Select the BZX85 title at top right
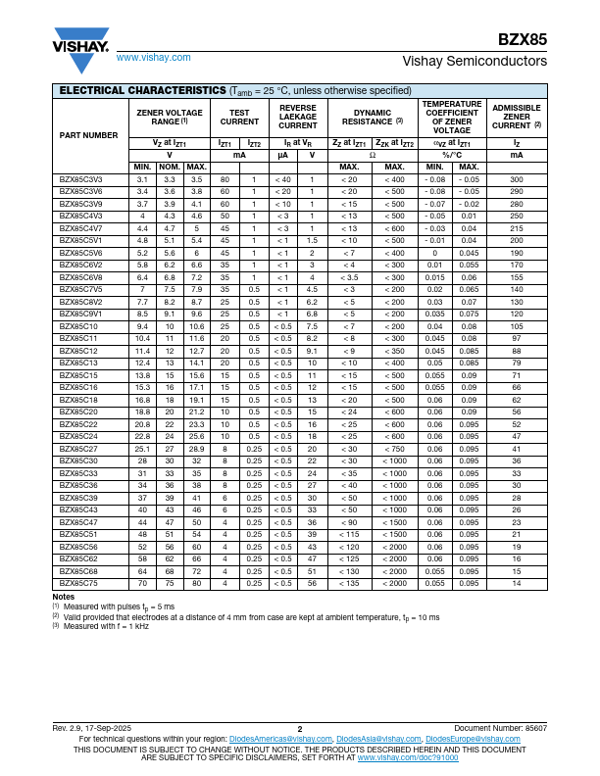pyautogui.click(x=523, y=40)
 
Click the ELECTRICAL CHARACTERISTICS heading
pyautogui.click(x=143, y=90)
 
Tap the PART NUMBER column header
pyautogui.click(x=88, y=134)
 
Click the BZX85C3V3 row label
pyautogui.click(x=80, y=179)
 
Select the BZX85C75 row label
pyautogui.click(x=78, y=583)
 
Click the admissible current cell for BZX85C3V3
pyautogui.click(x=517, y=179)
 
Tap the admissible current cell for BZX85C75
pyautogui.click(x=517, y=583)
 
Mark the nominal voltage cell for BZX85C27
pyautogui.click(x=169, y=449)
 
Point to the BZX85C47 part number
pyautogui.click(x=78, y=522)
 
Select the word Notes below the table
pyautogui.click(x=64, y=597)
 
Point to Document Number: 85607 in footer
pyautogui.click(x=500, y=729)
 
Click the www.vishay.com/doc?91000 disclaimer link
pyautogui.click(x=408, y=757)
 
